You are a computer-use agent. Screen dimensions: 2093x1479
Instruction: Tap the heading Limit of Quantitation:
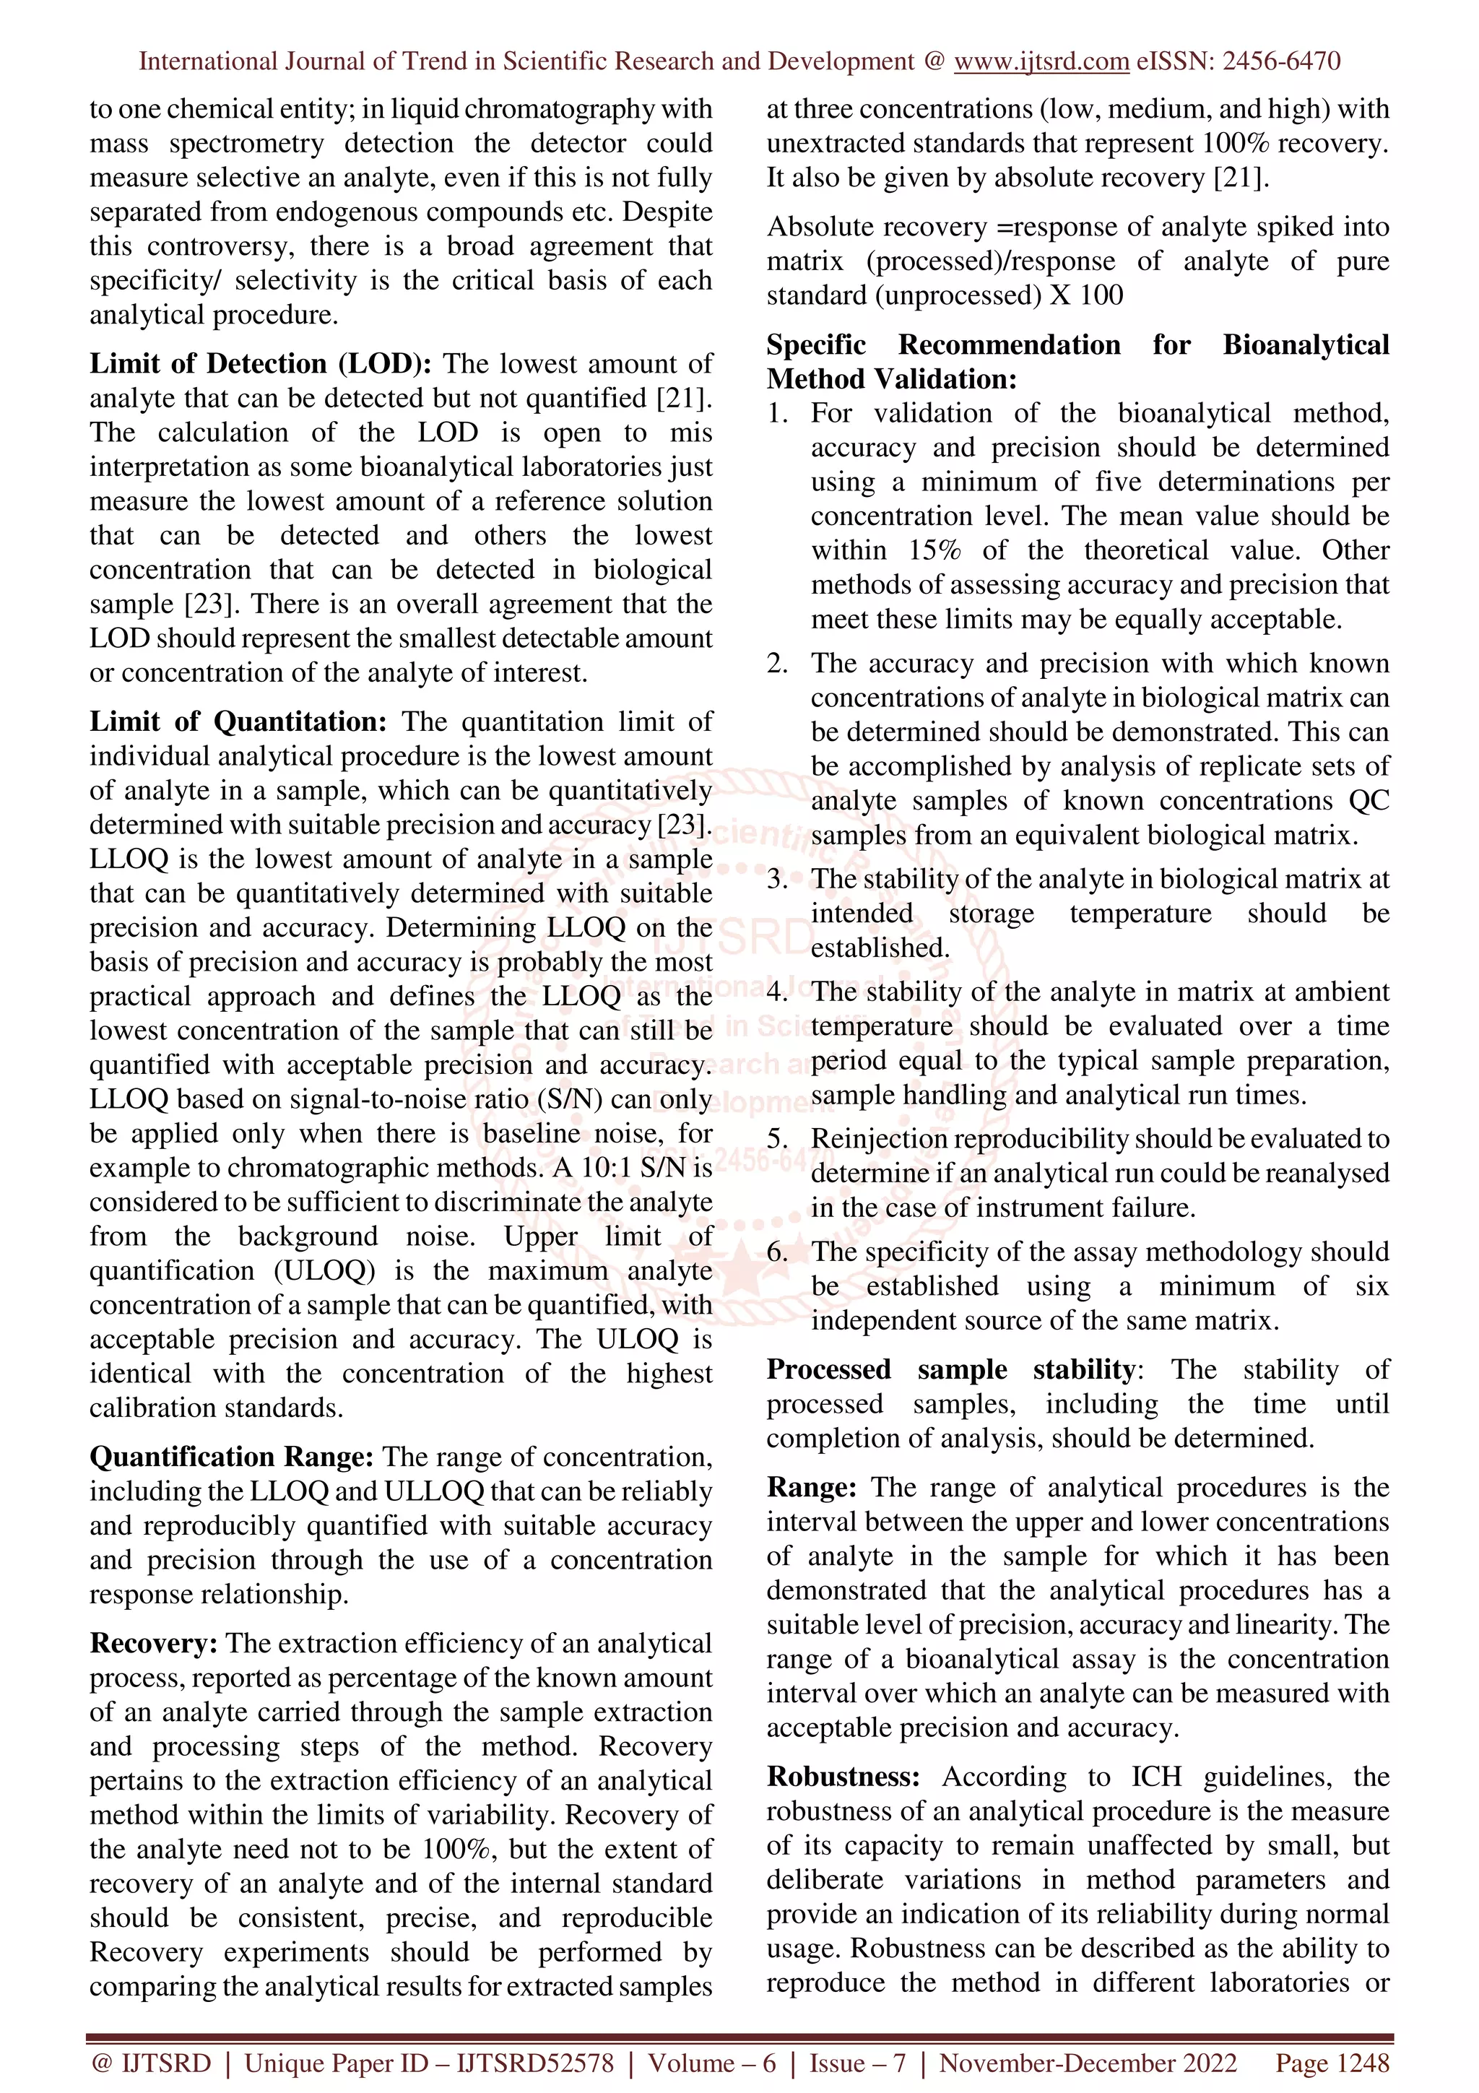pyautogui.click(x=238, y=722)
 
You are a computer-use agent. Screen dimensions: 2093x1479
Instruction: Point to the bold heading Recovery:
pyautogui.click(x=153, y=1644)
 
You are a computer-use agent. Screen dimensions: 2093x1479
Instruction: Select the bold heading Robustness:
pyautogui.click(x=843, y=1777)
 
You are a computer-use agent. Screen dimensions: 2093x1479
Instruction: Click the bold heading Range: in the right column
pyautogui.click(x=811, y=1488)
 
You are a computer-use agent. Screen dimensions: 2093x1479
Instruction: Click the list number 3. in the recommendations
pyautogui.click(x=776, y=880)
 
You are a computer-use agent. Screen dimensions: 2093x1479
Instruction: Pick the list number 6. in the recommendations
pyautogui.click(x=776, y=1252)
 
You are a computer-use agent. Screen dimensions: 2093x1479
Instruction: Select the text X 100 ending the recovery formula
pyautogui.click(x=1088, y=296)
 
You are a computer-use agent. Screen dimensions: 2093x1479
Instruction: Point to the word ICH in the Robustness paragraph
pyautogui.click(x=1155, y=1777)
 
